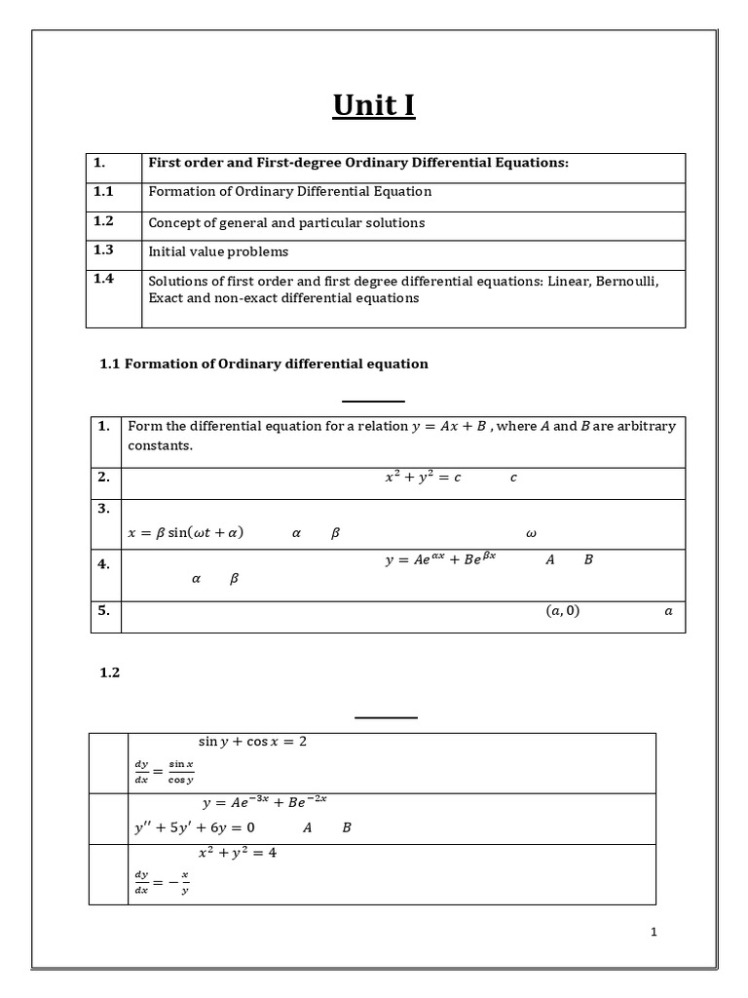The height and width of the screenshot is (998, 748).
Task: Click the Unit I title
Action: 373,104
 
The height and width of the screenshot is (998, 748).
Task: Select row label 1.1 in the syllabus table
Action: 103,192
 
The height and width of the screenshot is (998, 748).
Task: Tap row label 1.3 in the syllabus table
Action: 103,250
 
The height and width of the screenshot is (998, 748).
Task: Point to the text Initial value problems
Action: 218,251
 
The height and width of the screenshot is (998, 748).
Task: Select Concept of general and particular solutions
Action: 286,223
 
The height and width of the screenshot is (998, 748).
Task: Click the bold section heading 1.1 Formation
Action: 264,364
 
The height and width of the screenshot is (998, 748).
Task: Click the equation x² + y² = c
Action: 423,478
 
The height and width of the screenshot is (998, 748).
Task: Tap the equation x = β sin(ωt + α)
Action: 186,533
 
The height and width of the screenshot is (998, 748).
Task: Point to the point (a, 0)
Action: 562,611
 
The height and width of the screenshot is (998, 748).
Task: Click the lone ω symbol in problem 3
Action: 531,534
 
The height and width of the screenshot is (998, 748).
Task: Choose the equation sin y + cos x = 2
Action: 252,742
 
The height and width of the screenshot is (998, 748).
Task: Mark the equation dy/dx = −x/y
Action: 162,883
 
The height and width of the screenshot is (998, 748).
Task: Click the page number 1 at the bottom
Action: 654,932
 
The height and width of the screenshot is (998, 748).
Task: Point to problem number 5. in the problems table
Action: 104,610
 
